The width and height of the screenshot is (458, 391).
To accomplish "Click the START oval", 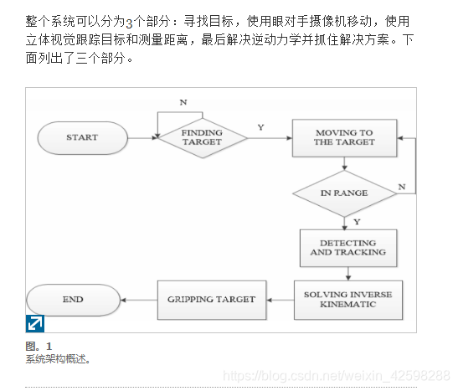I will pyautogui.click(x=81, y=137).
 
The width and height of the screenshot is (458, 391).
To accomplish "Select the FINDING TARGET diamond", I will pyautogui.click(x=202, y=137).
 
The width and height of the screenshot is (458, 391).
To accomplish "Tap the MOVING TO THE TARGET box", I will pyautogui.click(x=343, y=137).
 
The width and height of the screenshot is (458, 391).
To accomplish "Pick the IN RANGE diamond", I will pyautogui.click(x=343, y=193).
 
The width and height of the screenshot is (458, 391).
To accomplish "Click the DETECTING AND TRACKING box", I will pyautogui.click(x=347, y=248).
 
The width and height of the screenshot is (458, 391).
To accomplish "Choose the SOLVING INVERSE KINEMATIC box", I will pyautogui.click(x=347, y=300).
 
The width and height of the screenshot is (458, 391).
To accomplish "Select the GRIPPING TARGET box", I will pyautogui.click(x=212, y=300).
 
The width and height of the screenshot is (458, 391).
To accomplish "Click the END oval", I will pyautogui.click(x=73, y=300).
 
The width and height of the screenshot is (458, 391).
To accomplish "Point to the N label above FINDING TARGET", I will pyautogui.click(x=183, y=102).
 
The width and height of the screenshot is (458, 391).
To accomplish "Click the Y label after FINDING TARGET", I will pyautogui.click(x=260, y=127).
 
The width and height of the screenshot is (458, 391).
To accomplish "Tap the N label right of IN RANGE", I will pyautogui.click(x=401, y=186).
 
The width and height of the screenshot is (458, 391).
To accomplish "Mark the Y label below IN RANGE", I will pyautogui.click(x=356, y=221).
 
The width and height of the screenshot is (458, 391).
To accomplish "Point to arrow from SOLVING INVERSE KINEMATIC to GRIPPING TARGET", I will pyautogui.click(x=280, y=300).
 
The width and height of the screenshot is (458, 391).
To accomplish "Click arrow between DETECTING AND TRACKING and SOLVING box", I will pyautogui.click(x=347, y=273).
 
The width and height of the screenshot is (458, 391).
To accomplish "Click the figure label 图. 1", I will pyautogui.click(x=39, y=346).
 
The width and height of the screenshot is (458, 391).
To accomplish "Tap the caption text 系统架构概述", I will pyautogui.click(x=57, y=359).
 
